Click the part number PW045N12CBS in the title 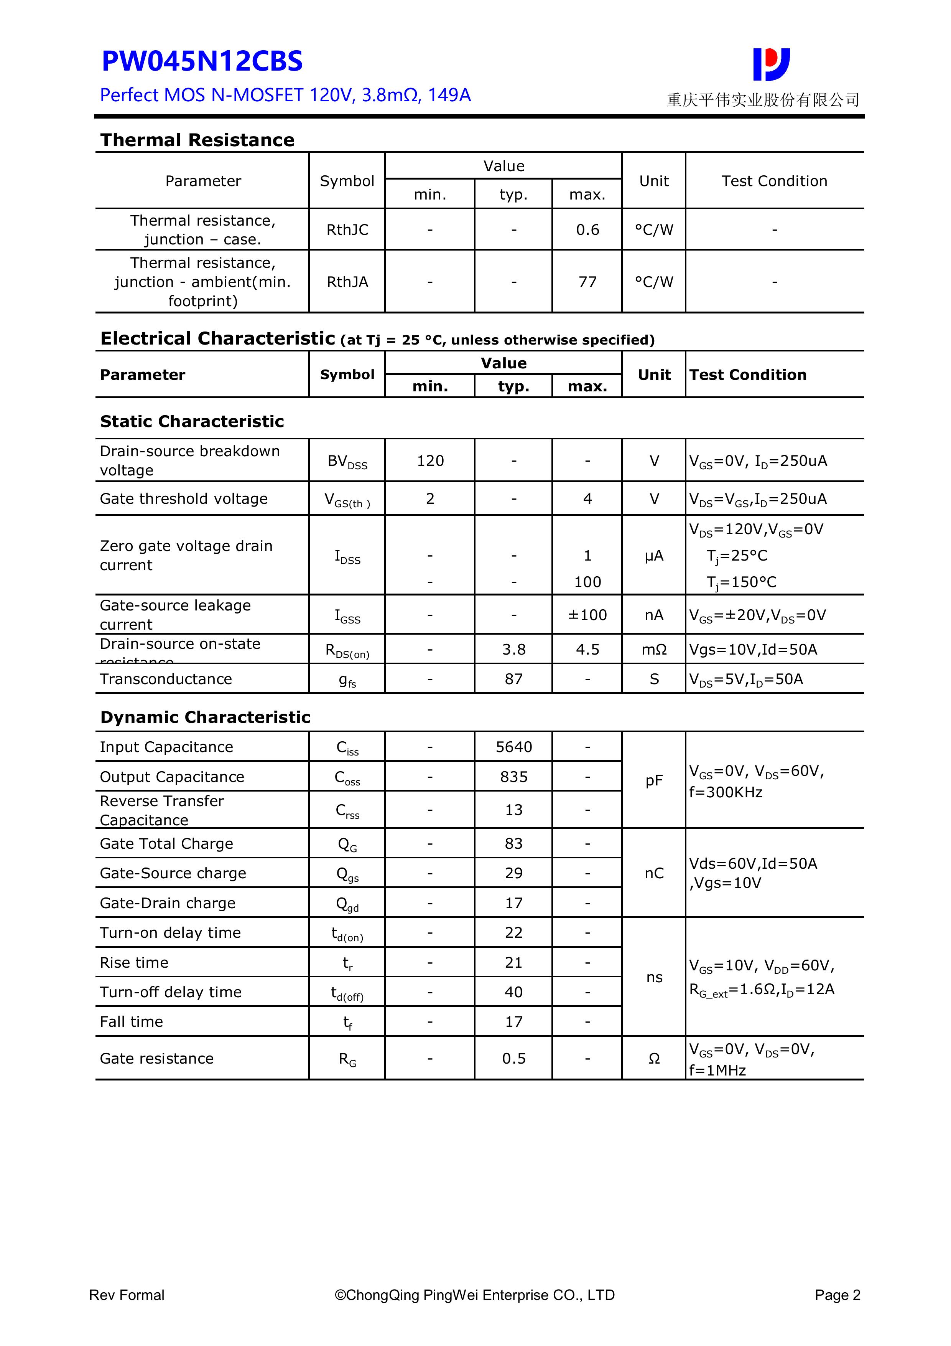click(x=202, y=61)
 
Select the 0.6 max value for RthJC click(x=587, y=230)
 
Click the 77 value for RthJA click(x=587, y=282)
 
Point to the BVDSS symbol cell click(x=347, y=461)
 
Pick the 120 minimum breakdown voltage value click(x=430, y=461)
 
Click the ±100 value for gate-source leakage click(x=587, y=615)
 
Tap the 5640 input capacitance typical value click(x=514, y=747)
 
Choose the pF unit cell click(x=654, y=780)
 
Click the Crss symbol click(x=347, y=810)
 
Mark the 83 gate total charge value click(x=514, y=844)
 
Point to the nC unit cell click(x=654, y=873)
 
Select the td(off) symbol click(x=347, y=993)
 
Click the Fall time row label click(x=131, y=1022)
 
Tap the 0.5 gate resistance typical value click(x=514, y=1058)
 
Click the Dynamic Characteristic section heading click(x=205, y=717)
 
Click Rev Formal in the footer click(x=127, y=1295)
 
